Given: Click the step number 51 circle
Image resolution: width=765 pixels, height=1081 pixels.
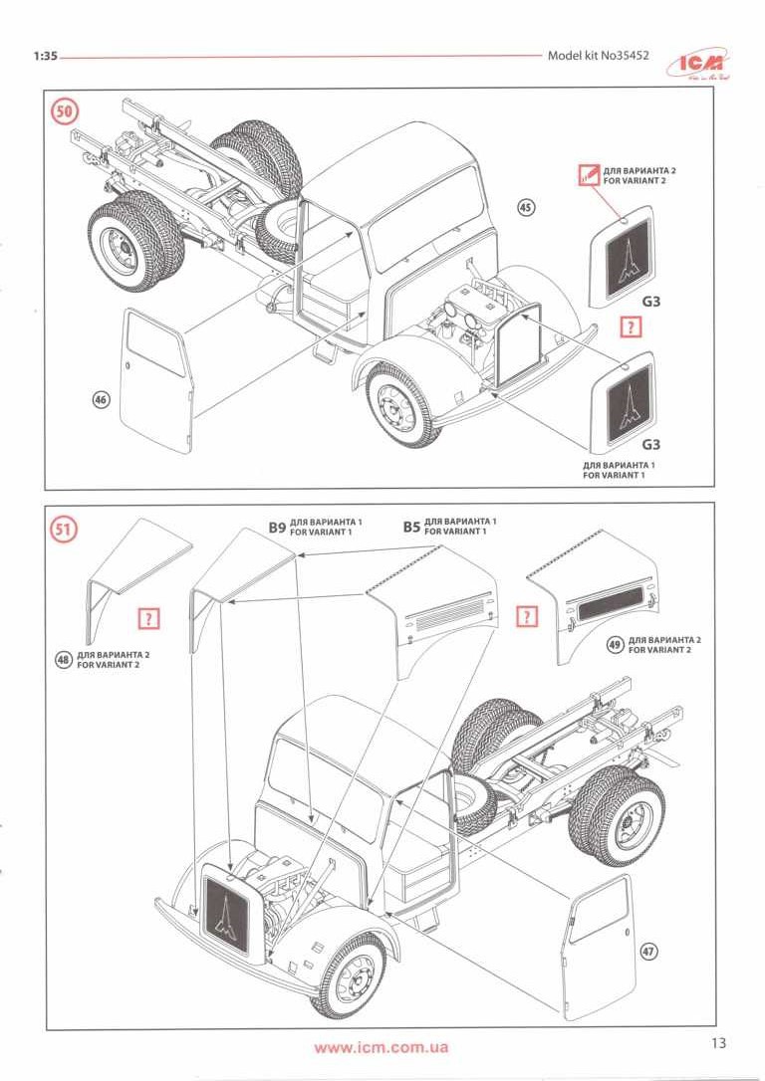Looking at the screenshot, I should [65, 530].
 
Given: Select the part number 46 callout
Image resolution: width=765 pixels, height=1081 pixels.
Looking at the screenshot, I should [100, 400].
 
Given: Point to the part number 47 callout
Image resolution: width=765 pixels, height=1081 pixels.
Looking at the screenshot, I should [648, 952].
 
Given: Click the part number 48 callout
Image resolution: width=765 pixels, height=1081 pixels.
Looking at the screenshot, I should [65, 658].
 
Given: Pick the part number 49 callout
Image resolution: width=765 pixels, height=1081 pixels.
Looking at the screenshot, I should [615, 644].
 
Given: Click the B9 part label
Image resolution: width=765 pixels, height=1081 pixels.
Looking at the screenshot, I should [276, 527].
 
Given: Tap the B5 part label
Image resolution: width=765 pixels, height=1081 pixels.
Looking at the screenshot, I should [411, 527].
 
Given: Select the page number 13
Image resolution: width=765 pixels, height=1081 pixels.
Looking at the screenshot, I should [719, 1043].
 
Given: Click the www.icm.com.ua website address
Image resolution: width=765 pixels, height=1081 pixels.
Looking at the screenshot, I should [381, 1047].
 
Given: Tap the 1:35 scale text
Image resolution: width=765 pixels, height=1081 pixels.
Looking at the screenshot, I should [44, 57].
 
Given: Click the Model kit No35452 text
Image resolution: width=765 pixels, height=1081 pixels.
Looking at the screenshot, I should [598, 56].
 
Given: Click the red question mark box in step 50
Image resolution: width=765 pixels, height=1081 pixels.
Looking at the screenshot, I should [629, 326].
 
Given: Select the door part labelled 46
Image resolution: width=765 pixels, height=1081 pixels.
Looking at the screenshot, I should [158, 378].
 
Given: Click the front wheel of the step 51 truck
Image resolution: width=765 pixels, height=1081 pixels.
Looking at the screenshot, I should [350, 975].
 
